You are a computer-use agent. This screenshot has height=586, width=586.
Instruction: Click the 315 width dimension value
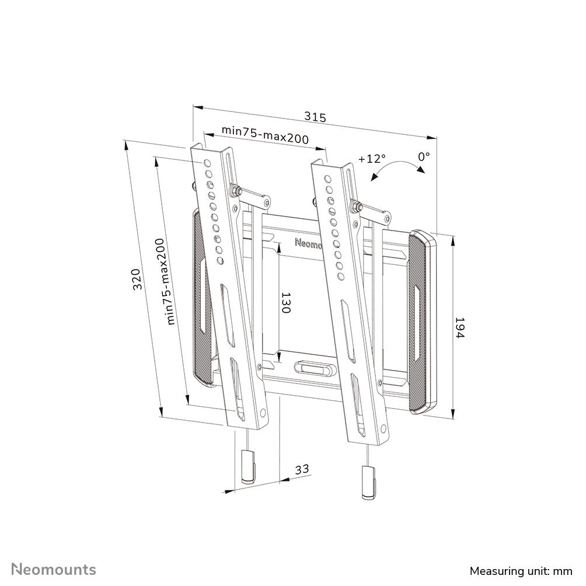click(x=315, y=117)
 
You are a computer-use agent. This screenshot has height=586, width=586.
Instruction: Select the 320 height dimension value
click(x=135, y=280)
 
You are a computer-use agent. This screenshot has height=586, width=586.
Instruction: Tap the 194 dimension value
click(x=459, y=329)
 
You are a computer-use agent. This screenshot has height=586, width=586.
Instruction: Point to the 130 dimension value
click(x=285, y=304)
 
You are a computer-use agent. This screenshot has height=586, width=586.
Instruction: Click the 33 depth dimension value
click(x=302, y=469)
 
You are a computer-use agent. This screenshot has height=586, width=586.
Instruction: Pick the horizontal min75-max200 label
click(x=264, y=135)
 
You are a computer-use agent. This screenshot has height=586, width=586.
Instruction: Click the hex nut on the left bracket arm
click(x=236, y=190)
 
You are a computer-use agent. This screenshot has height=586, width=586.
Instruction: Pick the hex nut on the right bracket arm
click(x=355, y=205)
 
